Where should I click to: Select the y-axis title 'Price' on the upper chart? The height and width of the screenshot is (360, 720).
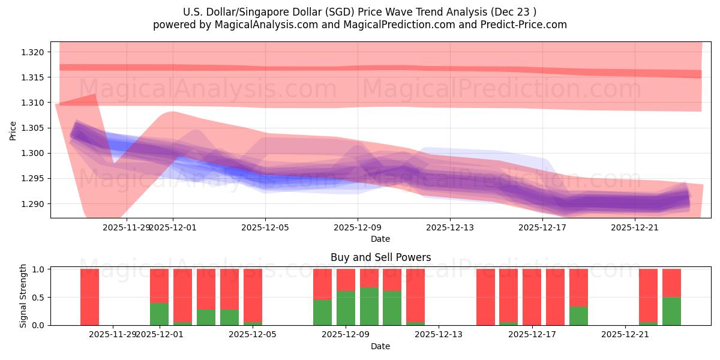(x=13, y=130)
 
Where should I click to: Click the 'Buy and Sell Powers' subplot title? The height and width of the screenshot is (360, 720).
(x=380, y=257)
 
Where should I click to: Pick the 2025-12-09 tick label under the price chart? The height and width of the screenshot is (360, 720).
(x=358, y=227)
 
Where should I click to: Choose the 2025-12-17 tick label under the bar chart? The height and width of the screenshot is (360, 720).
(x=532, y=334)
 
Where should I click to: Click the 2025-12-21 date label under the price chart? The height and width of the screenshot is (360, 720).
(x=635, y=227)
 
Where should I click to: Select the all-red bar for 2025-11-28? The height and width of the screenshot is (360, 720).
(x=89, y=297)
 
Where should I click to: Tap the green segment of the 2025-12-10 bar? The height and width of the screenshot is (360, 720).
(x=369, y=307)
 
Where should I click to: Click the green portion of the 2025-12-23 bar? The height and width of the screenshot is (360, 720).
(x=671, y=311)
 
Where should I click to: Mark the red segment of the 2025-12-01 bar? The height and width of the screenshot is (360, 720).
(x=159, y=286)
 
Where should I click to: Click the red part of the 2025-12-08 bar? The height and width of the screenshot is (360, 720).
(x=322, y=284)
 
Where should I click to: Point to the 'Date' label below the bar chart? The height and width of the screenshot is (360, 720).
(x=380, y=346)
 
